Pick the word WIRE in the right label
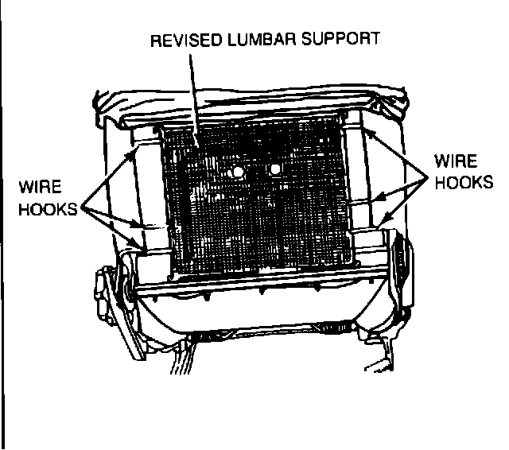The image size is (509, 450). (x=455, y=161)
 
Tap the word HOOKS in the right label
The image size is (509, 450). (x=464, y=182)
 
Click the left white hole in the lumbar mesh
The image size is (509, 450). (x=237, y=172)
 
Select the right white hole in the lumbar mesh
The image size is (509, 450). (x=274, y=169)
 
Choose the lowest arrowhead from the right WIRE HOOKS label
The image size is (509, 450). (x=383, y=218)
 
